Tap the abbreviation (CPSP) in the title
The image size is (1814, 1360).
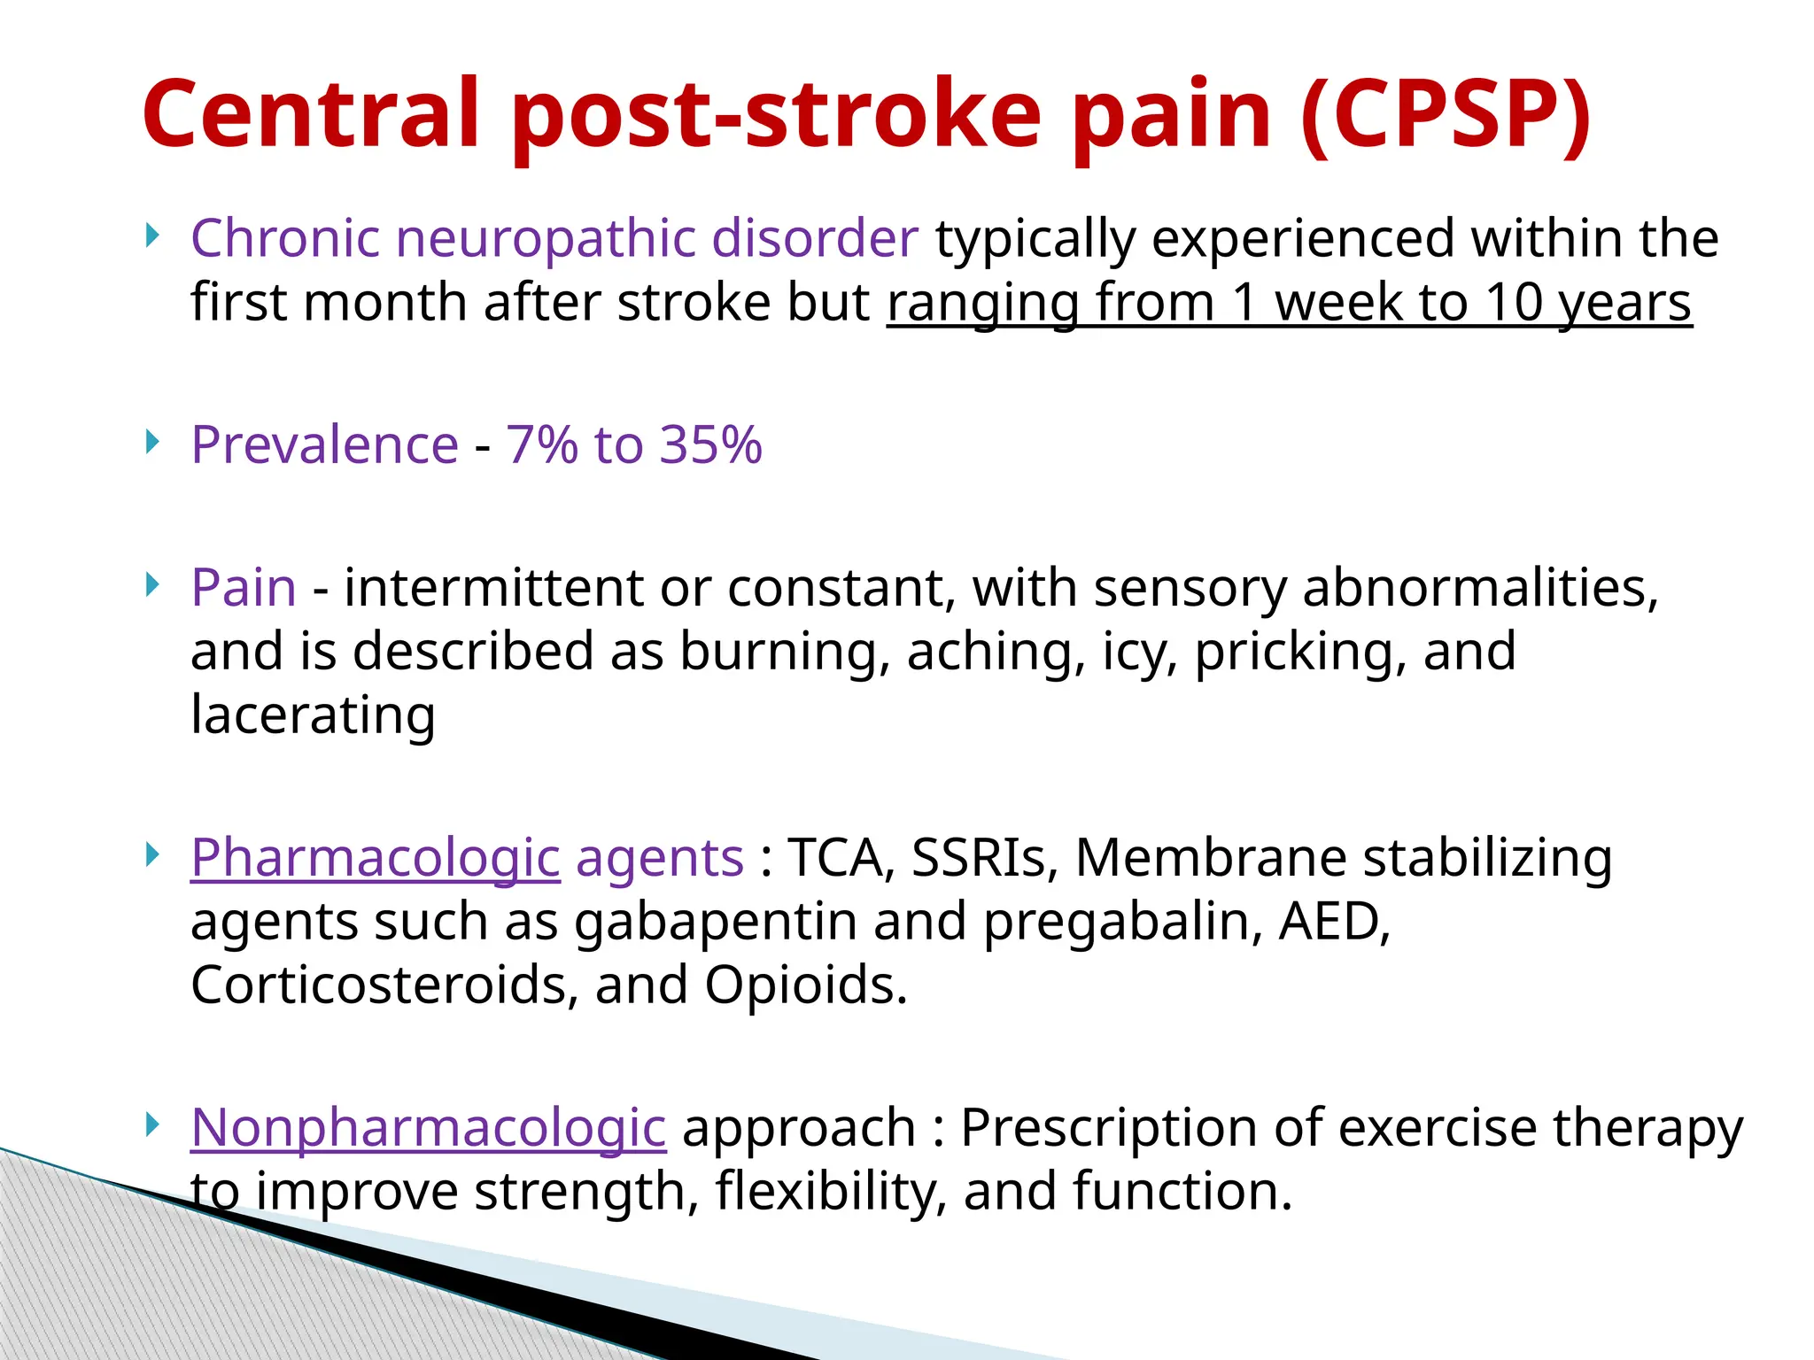pos(1446,115)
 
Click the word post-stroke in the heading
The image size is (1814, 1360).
pos(776,115)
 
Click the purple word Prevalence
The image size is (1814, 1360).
pos(324,444)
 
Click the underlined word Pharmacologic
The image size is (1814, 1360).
pos(375,859)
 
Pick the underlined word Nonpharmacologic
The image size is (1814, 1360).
pos(428,1128)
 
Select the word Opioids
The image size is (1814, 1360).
pos(806,985)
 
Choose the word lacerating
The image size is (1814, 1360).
pos(313,715)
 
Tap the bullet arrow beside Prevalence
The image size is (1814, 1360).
pos(153,441)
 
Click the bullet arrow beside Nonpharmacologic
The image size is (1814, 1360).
pos(153,1124)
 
